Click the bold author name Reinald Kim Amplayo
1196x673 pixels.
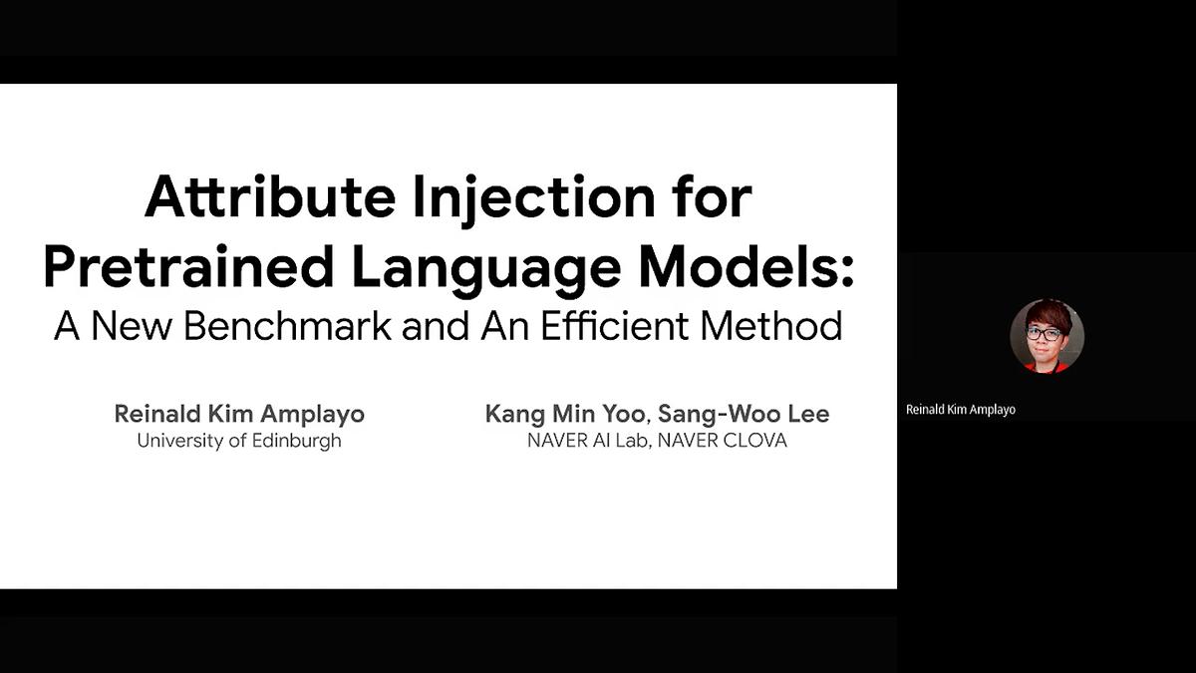pos(239,414)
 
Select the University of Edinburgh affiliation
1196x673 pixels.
pos(239,441)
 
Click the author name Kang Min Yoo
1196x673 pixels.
pos(568,414)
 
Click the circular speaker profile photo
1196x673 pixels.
pos(1046,336)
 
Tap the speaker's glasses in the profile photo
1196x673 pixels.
pos(1045,334)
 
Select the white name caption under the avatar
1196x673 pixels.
pos(961,410)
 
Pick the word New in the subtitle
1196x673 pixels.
pos(130,327)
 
